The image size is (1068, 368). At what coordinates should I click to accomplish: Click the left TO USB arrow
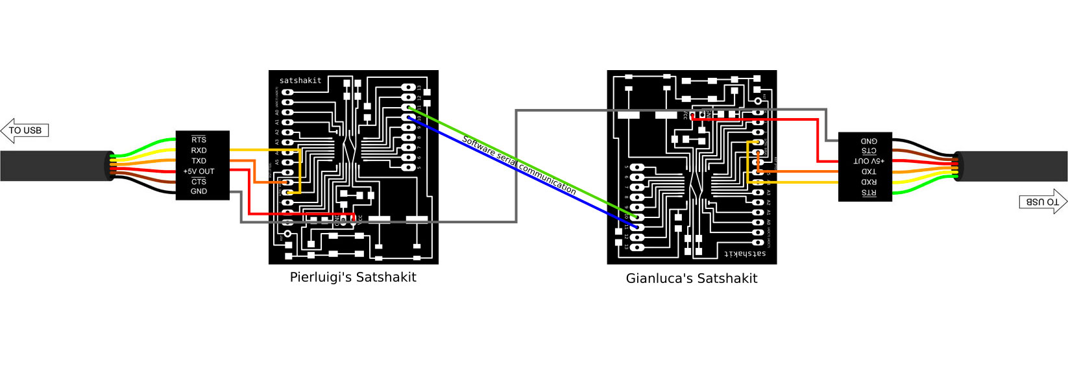tap(25, 130)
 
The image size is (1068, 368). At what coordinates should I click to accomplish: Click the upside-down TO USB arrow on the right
tap(1043, 202)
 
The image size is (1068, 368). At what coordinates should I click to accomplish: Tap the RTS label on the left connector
tap(199, 140)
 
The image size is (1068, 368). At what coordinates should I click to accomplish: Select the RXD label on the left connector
tap(199, 151)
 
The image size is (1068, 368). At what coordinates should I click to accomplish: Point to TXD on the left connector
tap(199, 161)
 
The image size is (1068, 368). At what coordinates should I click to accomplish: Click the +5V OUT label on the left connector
tap(199, 171)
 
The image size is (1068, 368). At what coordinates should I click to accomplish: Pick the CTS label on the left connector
tap(199, 182)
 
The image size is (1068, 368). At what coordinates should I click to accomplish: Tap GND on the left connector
tap(199, 191)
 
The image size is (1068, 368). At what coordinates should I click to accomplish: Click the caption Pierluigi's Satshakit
tap(353, 277)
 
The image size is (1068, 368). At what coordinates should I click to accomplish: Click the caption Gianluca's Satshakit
tap(691, 278)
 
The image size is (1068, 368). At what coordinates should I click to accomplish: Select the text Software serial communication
tap(518, 165)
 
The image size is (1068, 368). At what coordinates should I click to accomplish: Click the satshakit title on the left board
tap(300, 80)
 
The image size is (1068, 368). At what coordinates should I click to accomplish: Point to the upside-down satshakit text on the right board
tap(745, 254)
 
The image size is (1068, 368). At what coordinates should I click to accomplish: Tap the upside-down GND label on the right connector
tap(869, 141)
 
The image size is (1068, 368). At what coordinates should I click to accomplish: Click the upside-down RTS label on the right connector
tap(869, 193)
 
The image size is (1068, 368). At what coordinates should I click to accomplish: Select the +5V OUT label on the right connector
tap(869, 161)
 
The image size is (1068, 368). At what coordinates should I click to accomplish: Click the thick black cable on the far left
tap(52, 166)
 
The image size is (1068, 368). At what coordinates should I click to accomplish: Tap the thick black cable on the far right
tap(1015, 166)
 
